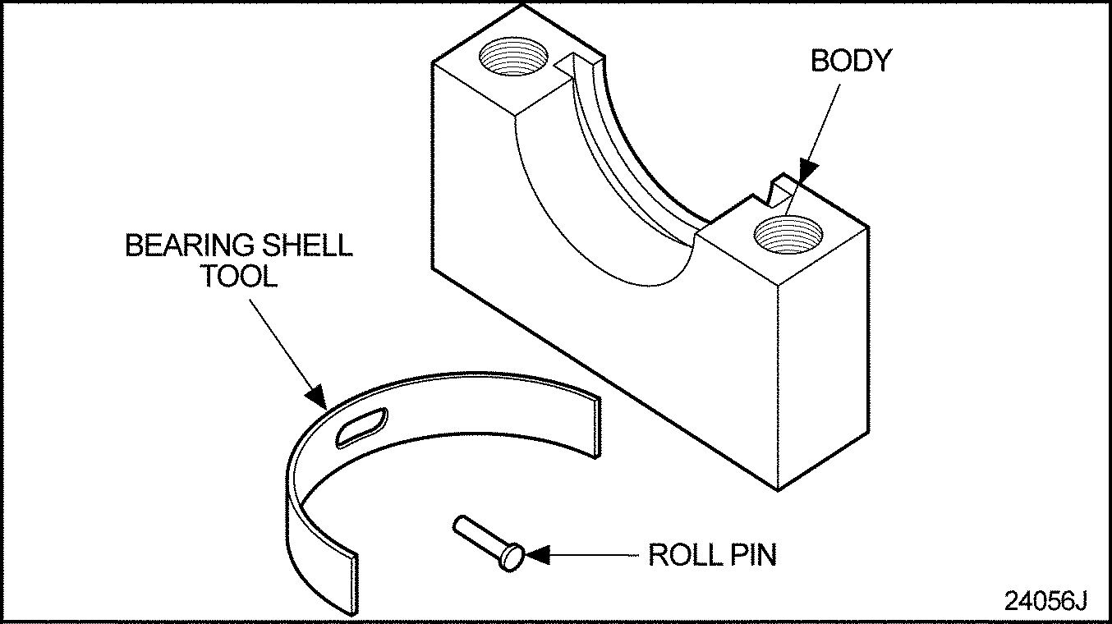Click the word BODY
pyautogui.click(x=850, y=62)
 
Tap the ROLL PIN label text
pyautogui.click(x=712, y=555)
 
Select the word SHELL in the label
pyautogui.click(x=315, y=245)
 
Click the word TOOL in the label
pyautogui.click(x=241, y=276)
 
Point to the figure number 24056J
pyautogui.click(x=1045, y=601)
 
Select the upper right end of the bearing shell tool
pyautogui.click(x=592, y=424)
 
